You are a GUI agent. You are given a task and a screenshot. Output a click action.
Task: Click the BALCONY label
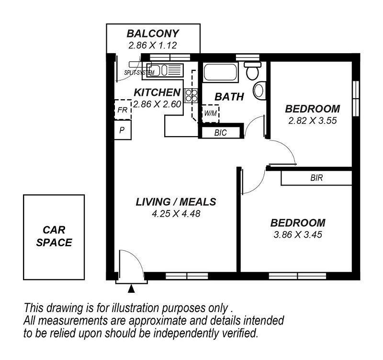pos(153,34)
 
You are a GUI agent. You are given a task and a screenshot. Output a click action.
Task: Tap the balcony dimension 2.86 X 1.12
pos(153,46)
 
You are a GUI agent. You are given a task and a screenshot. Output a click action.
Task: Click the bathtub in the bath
pos(220,72)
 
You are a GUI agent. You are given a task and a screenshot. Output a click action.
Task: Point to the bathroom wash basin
pos(259,91)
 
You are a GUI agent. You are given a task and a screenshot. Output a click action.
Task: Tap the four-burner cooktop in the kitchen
pos(191,95)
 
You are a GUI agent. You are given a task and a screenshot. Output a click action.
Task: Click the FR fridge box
pos(123,110)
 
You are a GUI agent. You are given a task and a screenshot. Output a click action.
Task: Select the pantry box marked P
pos(123,130)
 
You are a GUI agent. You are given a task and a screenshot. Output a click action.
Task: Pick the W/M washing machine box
pos(210,114)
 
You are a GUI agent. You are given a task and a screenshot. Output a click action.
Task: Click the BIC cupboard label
pos(221,133)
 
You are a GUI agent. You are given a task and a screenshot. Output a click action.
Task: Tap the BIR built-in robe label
pos(316,178)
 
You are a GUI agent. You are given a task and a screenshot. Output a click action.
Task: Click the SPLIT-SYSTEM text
pos(139,73)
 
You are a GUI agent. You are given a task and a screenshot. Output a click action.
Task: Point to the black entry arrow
pos(131,289)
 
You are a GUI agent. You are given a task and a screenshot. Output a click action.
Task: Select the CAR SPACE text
pos(54,236)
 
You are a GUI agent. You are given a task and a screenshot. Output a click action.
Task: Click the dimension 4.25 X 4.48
pos(176,214)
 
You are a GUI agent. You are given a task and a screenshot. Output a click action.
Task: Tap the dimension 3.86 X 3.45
pos(298,235)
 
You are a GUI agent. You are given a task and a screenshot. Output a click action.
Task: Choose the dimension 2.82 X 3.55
pos(313,121)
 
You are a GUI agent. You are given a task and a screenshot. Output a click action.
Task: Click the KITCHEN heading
pos(158,93)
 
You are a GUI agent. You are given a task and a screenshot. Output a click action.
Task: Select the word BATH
pos(229,97)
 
